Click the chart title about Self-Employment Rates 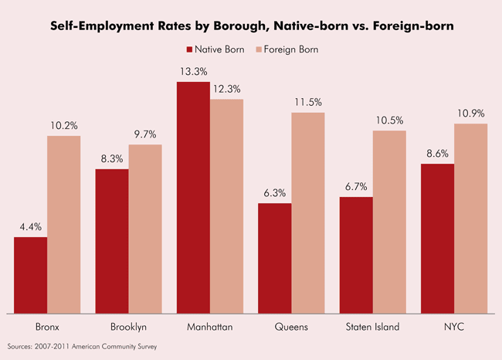250,26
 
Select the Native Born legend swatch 190,49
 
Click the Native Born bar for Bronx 31,275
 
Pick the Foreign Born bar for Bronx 64,224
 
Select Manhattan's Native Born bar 193,197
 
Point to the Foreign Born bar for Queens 307,212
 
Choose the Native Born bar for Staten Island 356,255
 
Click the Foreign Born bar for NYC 470,218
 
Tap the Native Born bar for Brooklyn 112,241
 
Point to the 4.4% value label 31,228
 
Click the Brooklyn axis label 128,327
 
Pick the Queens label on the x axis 291,327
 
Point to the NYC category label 453,327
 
